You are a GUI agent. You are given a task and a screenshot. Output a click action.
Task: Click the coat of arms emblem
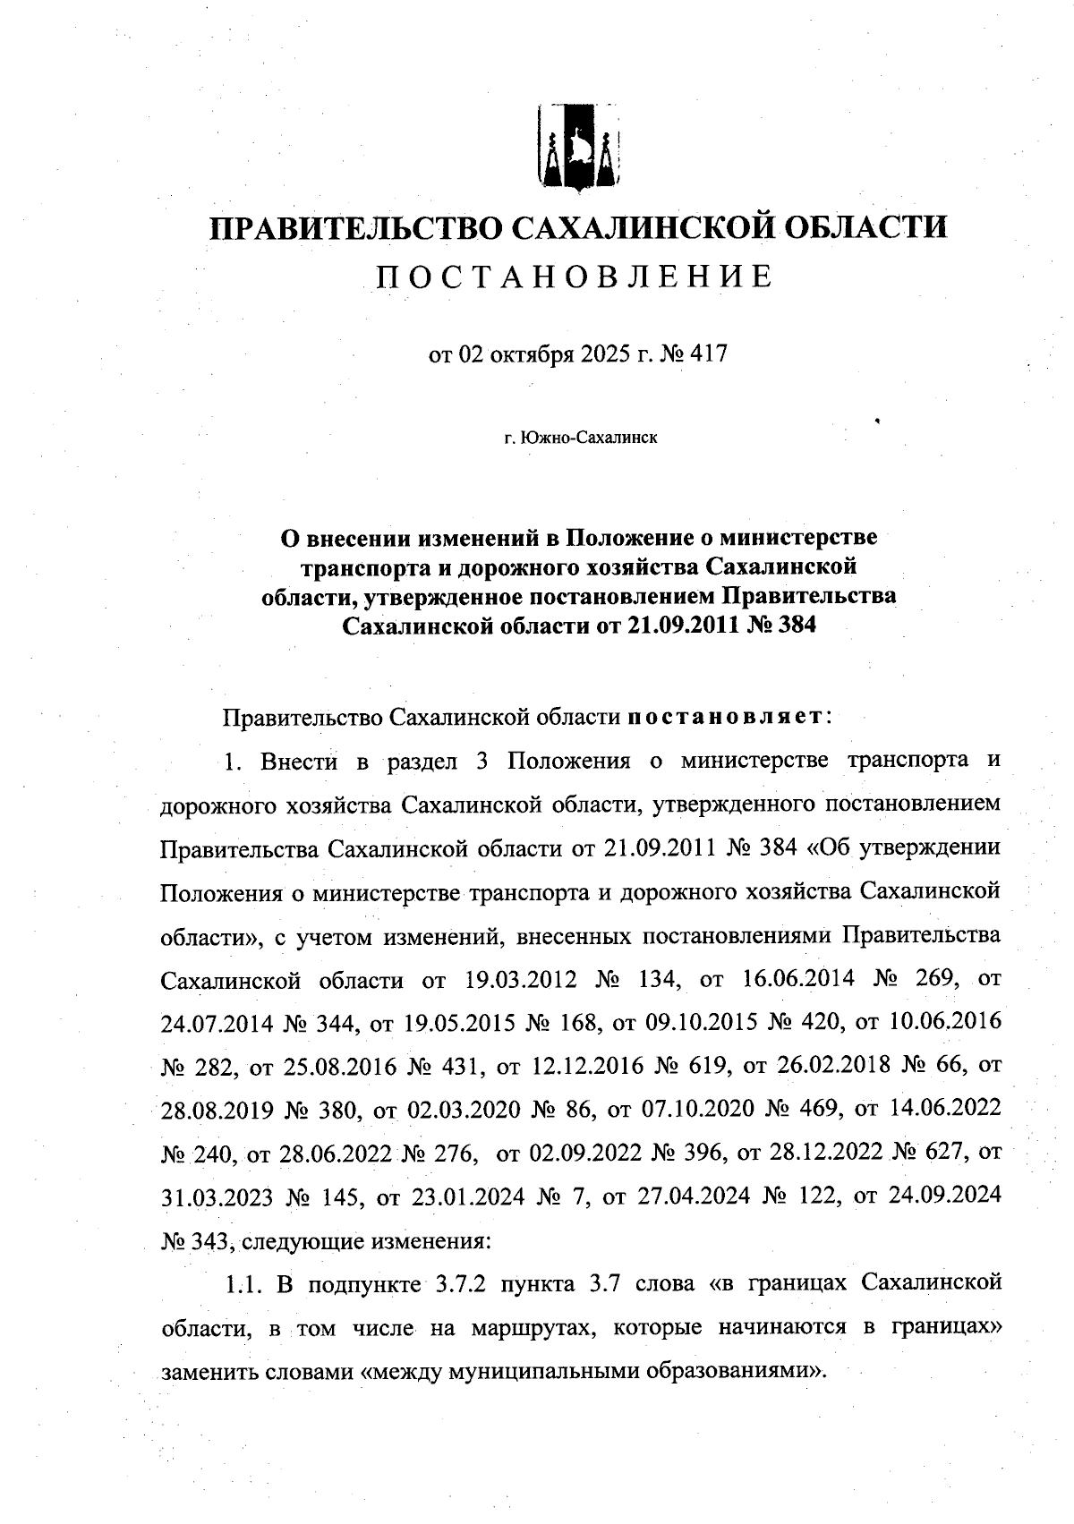(578, 148)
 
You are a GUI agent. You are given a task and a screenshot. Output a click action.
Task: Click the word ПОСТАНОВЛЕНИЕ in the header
(574, 277)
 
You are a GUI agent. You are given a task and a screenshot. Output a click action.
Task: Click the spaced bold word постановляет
(725, 717)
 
